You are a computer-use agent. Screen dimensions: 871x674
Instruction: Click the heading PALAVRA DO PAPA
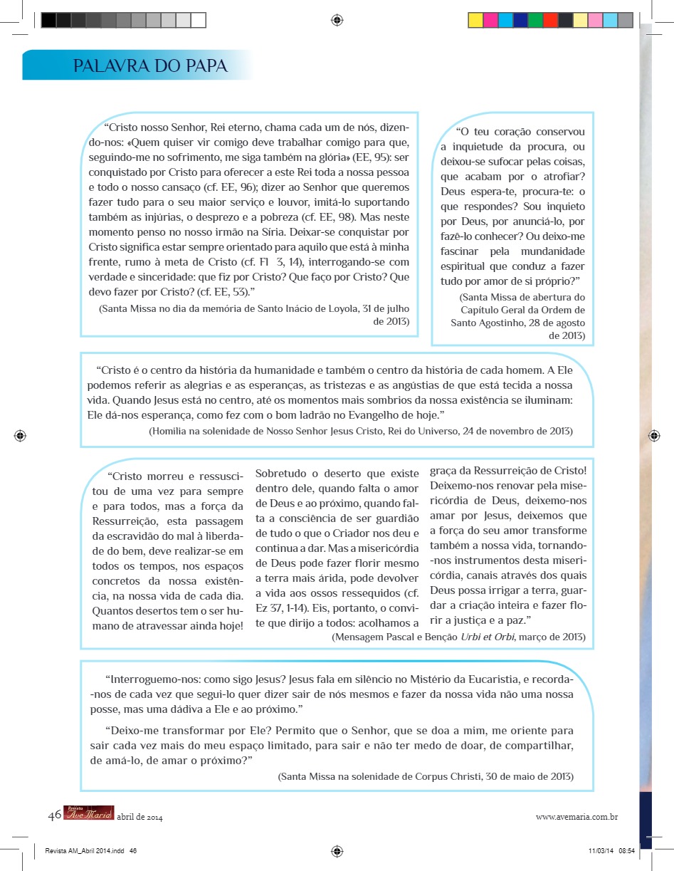coord(150,66)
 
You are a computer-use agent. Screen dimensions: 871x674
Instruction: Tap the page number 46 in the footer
coord(54,815)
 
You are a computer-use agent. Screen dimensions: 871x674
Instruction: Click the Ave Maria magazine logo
coord(88,814)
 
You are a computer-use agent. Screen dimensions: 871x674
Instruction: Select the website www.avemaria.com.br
coord(576,817)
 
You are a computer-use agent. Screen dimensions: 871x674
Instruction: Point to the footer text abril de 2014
coord(139,818)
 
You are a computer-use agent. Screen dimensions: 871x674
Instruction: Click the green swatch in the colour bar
coord(535,21)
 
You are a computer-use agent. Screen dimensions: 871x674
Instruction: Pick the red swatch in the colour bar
coord(550,21)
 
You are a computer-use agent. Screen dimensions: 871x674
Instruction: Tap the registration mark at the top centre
coord(337,21)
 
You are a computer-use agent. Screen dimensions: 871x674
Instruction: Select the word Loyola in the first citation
coord(327,308)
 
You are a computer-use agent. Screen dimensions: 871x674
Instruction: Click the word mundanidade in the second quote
coord(550,251)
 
